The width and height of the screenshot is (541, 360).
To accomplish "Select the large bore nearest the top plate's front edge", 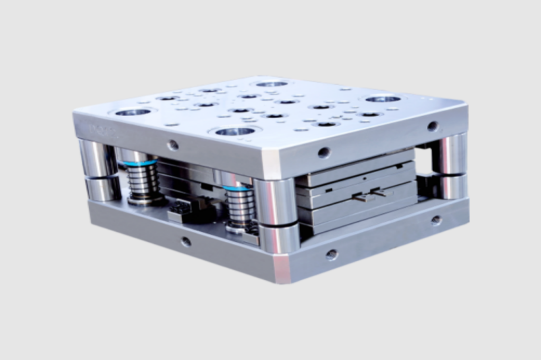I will tap(236, 131).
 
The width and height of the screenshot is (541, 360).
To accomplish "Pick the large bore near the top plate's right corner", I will tap(383, 99).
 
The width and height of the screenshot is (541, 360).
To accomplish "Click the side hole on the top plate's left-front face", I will tap(172, 145).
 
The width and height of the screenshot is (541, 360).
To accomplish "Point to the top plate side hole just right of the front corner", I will tap(324, 153).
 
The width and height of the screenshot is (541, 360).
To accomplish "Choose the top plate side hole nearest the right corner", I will tap(432, 126).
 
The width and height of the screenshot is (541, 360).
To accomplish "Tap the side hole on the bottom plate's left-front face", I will tap(185, 242).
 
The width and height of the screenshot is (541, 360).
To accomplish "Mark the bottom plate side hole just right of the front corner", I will tap(331, 254).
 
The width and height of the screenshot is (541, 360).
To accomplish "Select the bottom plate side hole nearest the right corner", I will tap(436, 220).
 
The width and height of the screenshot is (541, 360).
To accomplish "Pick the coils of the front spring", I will tap(240, 207).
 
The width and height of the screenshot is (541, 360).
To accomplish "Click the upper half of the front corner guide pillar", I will tap(275, 198).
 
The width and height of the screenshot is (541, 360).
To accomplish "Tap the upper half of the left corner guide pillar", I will tap(98, 158).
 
